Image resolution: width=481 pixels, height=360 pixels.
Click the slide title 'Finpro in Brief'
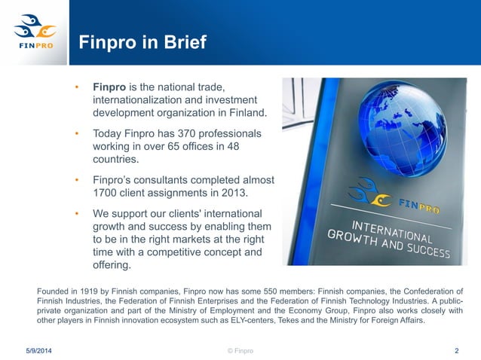tap(142, 43)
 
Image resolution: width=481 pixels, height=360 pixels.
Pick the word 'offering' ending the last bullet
tap(111, 266)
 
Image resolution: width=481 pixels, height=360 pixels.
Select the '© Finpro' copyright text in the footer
tap(240, 350)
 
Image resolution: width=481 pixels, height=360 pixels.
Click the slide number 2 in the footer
tap(457, 350)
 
